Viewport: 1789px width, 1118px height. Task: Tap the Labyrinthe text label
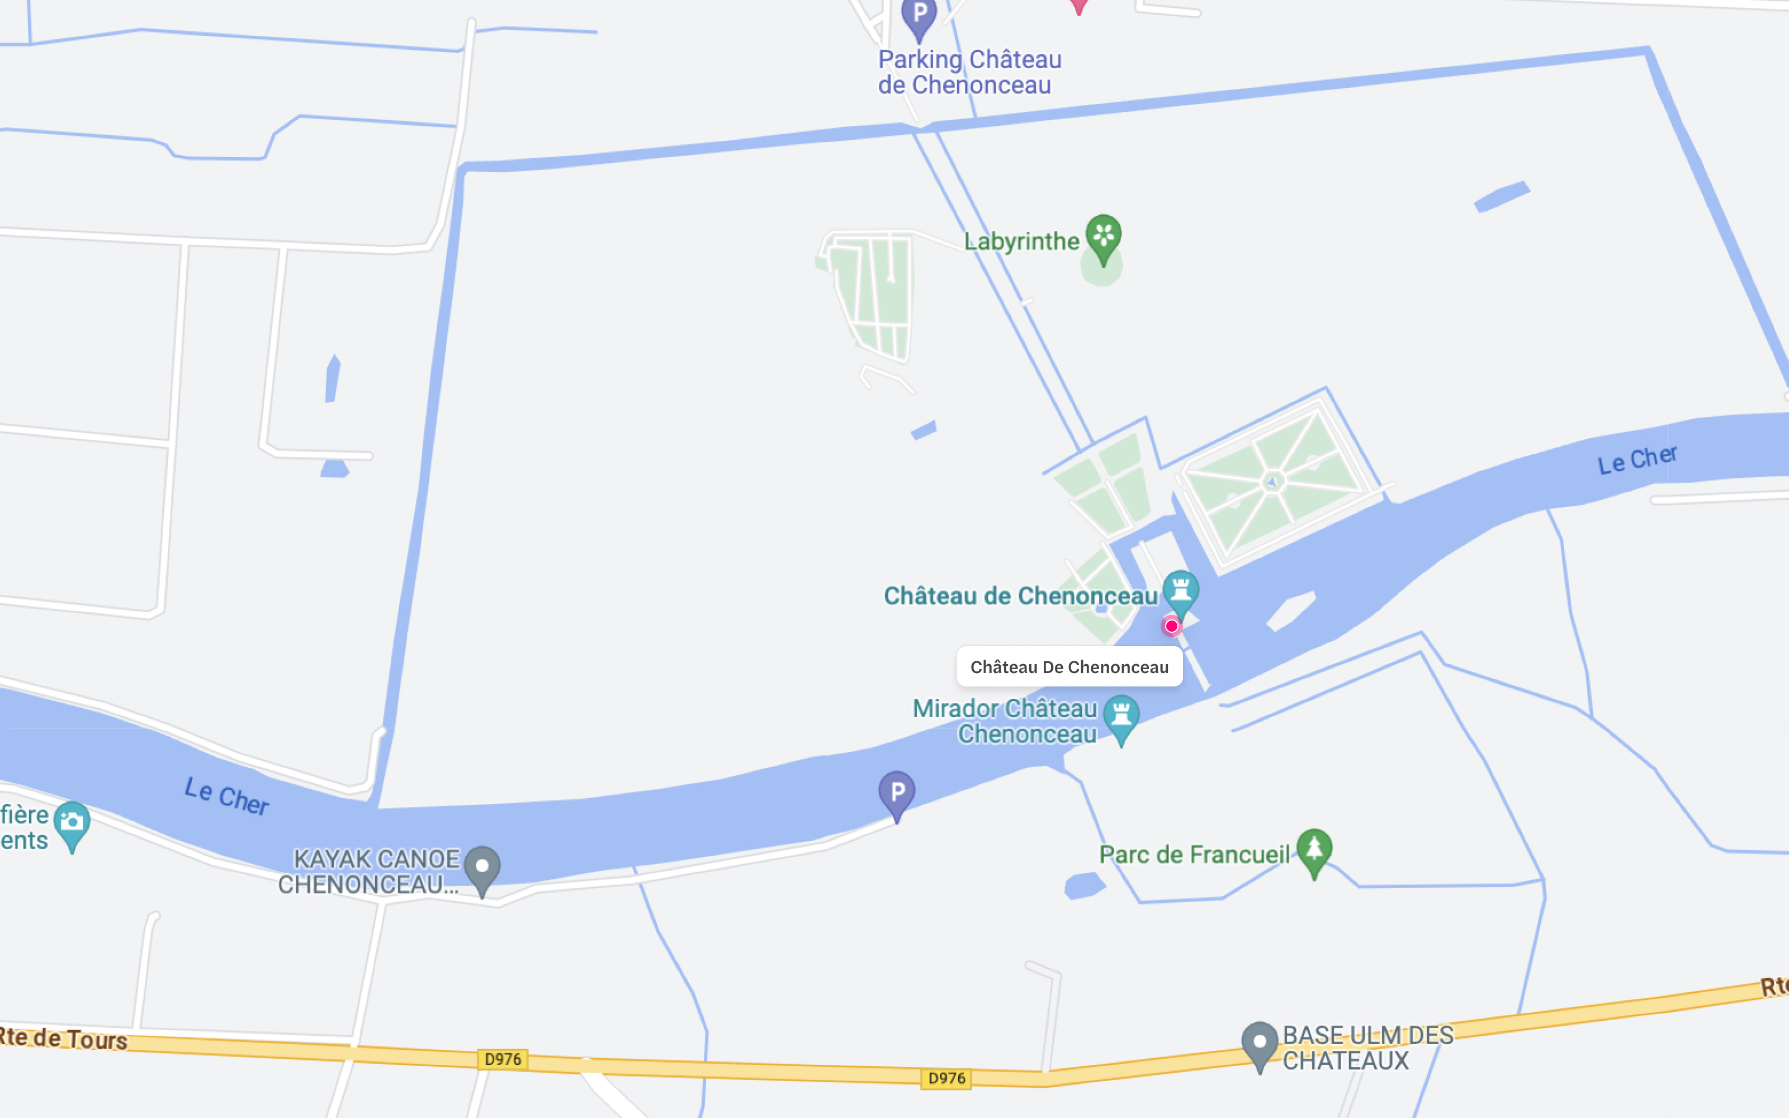coord(1021,241)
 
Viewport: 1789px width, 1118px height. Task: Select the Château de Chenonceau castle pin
coord(1181,591)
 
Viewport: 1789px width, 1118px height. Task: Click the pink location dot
coord(1172,626)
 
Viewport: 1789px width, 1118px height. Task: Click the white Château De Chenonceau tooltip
coord(1069,667)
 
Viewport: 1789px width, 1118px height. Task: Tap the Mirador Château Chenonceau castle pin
coord(1121,716)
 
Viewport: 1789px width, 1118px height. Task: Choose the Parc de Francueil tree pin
coord(1314,849)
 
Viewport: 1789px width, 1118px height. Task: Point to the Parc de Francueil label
coord(1194,855)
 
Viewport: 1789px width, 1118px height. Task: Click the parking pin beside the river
coord(897,792)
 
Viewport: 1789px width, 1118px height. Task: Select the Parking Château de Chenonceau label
coord(969,72)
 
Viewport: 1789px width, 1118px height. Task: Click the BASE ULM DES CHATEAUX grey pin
coord(1260,1043)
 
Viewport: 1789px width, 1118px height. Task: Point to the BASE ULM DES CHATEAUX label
coord(1367,1048)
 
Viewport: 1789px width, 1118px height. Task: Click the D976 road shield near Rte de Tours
coord(503,1059)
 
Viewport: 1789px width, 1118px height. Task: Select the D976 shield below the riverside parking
coord(947,1078)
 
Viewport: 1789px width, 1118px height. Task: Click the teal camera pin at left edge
coord(72,822)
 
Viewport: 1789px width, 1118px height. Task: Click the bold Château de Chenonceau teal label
coord(1020,596)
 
